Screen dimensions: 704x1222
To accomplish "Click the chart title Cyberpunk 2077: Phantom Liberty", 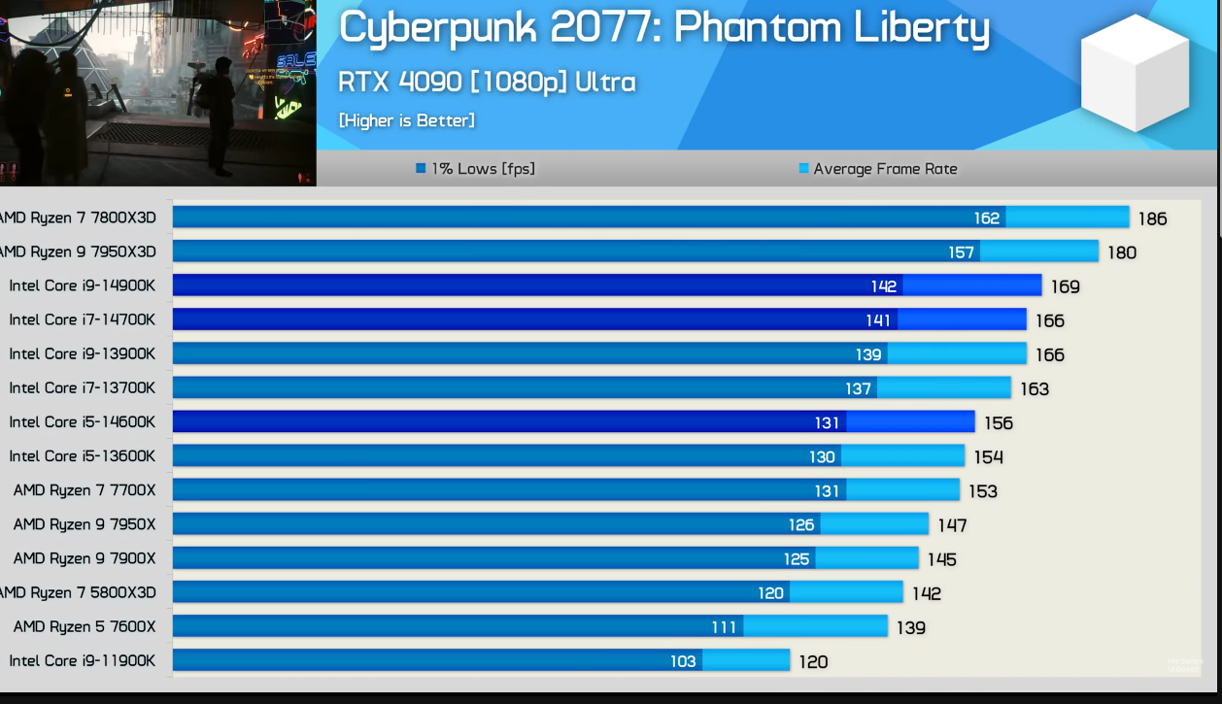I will point(663,27).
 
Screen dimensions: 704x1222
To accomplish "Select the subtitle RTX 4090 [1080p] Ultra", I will point(487,82).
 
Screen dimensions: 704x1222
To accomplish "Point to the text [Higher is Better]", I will point(406,120).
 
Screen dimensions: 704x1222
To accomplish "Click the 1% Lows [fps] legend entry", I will point(476,169).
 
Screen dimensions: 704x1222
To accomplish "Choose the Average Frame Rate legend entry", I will point(878,169).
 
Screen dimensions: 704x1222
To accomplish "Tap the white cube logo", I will point(1135,73).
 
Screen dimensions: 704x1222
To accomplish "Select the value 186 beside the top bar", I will point(1152,218).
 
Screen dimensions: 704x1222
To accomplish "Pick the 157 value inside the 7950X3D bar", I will point(961,252).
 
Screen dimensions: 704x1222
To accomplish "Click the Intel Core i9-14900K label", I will point(82,285).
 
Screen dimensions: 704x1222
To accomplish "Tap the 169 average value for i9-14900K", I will point(1065,286).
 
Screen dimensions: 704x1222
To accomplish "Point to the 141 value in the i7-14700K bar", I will point(878,320).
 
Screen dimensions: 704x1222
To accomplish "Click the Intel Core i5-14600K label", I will point(82,421).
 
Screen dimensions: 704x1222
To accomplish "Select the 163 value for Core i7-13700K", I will point(1035,388).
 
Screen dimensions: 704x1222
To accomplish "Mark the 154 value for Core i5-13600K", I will point(988,456).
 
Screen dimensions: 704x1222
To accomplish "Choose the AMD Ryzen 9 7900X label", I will point(85,558).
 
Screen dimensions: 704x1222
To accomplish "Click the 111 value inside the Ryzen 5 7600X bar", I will point(724,627).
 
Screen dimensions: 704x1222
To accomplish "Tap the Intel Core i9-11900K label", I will point(82,660).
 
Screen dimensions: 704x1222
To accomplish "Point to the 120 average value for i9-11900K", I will point(813,661).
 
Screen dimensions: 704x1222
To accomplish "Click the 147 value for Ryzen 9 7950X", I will point(952,525).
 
